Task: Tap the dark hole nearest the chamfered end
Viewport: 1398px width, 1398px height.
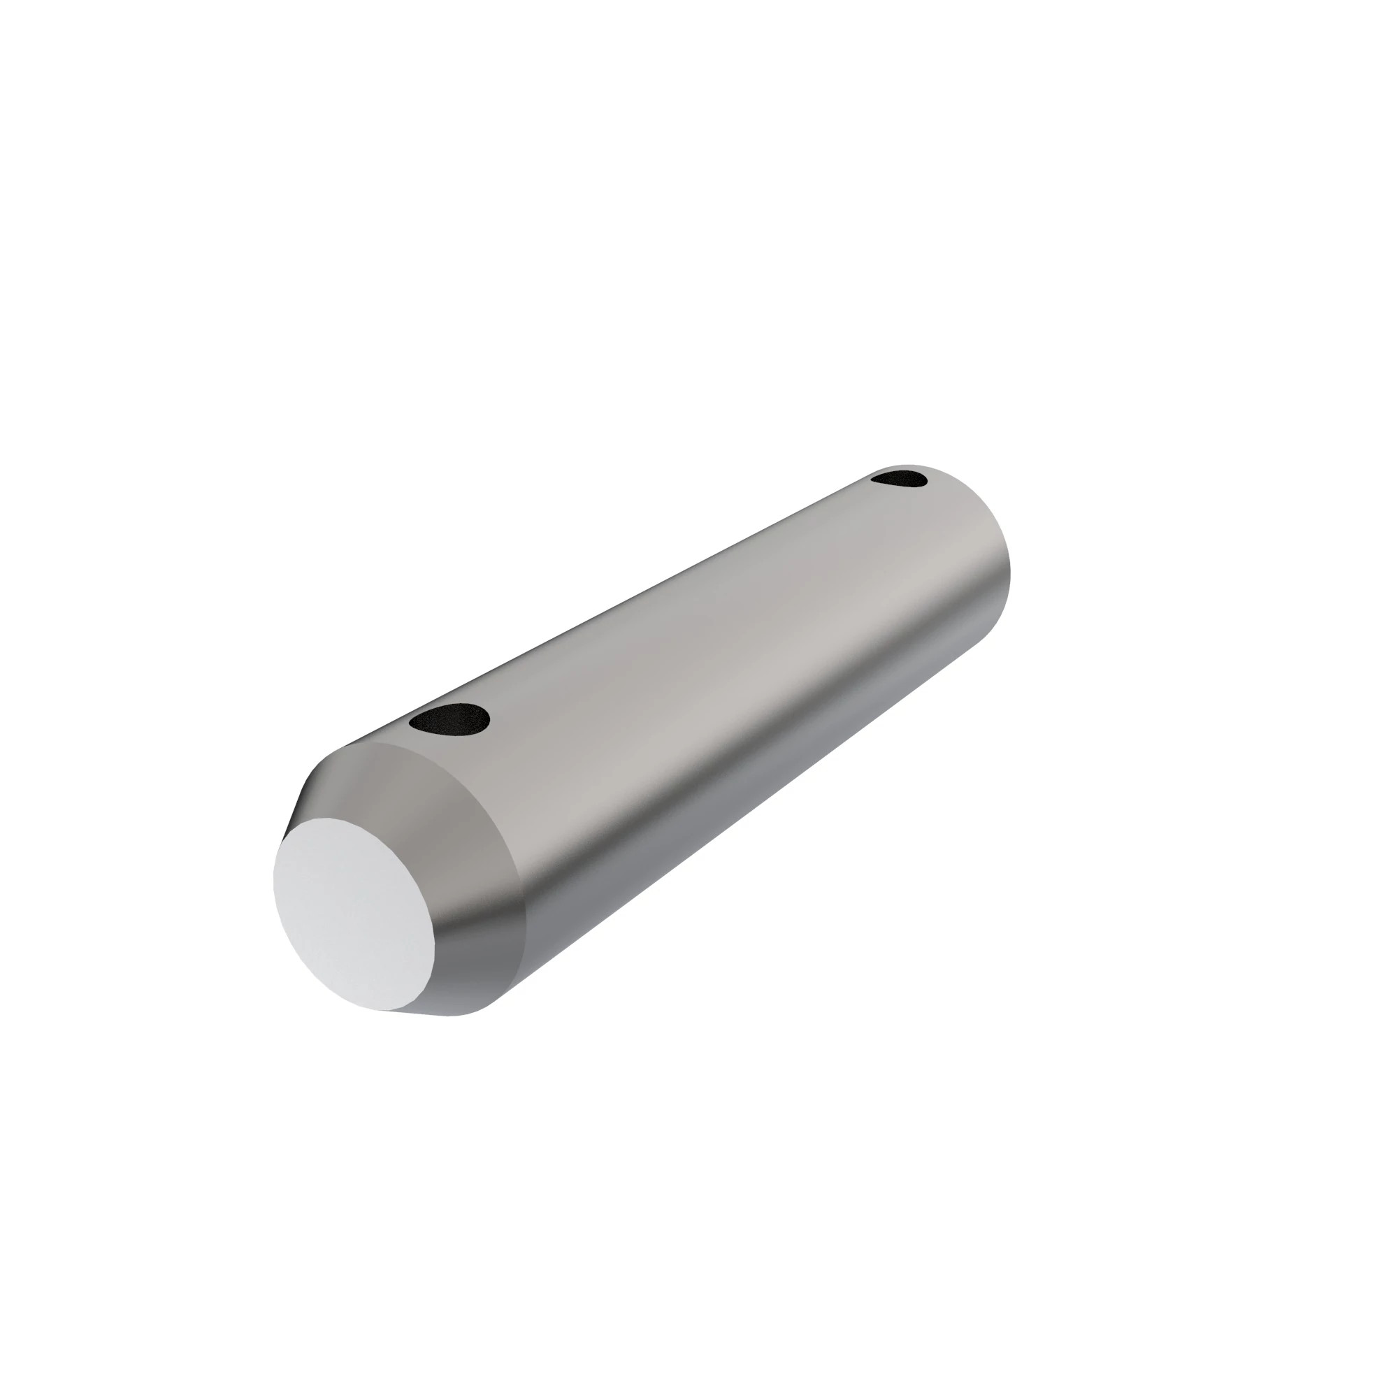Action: (449, 718)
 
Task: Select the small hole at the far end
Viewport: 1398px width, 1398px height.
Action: (900, 478)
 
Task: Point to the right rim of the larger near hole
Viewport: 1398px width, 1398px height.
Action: (489, 719)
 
